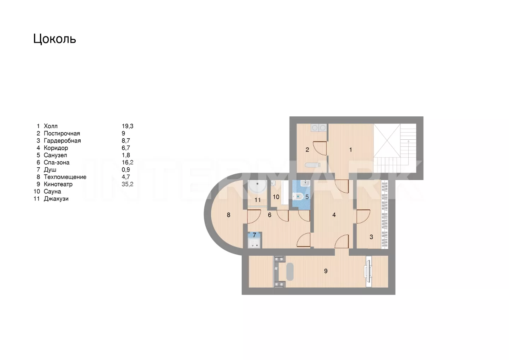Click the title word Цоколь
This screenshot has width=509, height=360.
[54, 39]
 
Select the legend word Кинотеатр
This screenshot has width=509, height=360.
[58, 184]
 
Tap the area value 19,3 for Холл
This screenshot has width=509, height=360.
[128, 126]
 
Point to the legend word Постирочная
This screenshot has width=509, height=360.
[62, 133]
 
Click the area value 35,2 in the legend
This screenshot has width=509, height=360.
[128, 184]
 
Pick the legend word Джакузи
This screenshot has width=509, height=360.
[56, 199]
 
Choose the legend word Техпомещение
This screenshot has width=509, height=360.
[65, 177]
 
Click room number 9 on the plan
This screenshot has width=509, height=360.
[326, 271]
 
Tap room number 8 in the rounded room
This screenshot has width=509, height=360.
[229, 215]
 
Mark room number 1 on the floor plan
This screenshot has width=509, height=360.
[351, 150]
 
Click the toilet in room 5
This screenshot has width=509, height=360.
[298, 196]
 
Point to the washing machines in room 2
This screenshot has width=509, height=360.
[318, 128]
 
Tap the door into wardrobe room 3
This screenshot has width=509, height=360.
[363, 216]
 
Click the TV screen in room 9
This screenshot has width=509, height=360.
[368, 272]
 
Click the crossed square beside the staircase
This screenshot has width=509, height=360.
[387, 140]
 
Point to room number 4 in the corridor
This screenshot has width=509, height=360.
[334, 215]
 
